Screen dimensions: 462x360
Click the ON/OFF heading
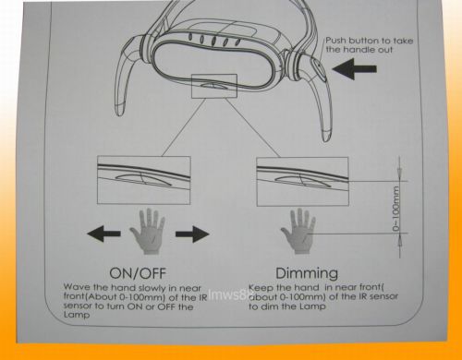(x=138, y=273)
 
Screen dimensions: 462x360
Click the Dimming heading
(x=307, y=273)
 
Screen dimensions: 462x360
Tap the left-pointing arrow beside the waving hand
(x=103, y=234)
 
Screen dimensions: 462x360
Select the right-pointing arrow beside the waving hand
(x=192, y=234)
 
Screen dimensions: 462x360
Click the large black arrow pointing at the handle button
(x=354, y=69)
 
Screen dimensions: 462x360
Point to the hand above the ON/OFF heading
(x=148, y=232)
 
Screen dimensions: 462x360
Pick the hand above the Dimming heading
(x=298, y=232)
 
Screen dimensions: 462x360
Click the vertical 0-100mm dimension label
(x=395, y=209)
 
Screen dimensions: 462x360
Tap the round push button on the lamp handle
(x=318, y=69)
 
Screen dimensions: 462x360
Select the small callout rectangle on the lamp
(x=214, y=86)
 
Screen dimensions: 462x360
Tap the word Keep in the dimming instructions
(x=261, y=288)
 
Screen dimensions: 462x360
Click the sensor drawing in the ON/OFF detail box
(x=144, y=179)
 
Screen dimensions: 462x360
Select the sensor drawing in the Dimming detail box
(x=303, y=182)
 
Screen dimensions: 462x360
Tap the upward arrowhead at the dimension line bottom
(x=399, y=240)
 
